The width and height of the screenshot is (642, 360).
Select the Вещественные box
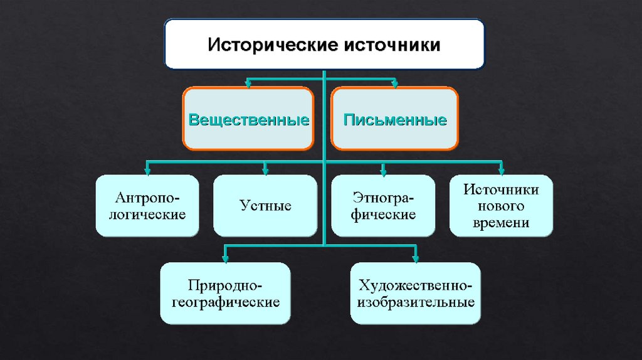(x=249, y=119)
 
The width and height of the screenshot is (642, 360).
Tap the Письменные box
(x=394, y=119)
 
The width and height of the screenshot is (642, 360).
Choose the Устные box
(x=265, y=206)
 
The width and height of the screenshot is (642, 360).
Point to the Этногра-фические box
(x=383, y=206)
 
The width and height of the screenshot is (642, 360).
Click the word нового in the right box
(x=501, y=206)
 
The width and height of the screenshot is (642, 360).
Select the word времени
(x=501, y=223)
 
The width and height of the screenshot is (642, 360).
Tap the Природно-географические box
(x=226, y=294)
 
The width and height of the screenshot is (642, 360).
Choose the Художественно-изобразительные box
(x=416, y=294)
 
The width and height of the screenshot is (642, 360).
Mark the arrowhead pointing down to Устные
(x=266, y=169)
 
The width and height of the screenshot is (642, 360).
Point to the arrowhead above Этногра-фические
(x=382, y=169)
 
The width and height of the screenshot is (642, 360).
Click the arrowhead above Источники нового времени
(x=501, y=169)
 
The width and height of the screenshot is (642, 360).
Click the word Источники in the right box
(x=501, y=189)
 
